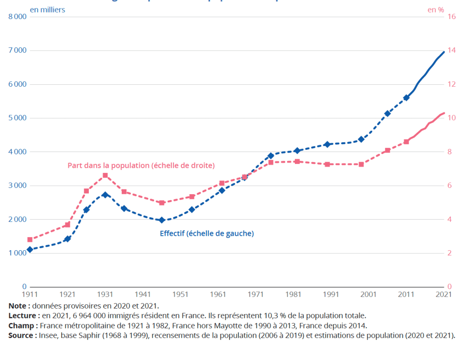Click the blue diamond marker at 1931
(105, 195)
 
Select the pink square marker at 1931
(105, 176)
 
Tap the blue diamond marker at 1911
(30, 249)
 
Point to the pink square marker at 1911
(30, 240)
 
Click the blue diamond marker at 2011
(406, 98)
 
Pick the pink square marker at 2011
(406, 142)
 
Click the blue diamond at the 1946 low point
(162, 220)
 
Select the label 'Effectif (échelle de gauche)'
(206, 234)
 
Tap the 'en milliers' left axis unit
(48, 9)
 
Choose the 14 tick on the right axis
(451, 50)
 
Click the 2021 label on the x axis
(444, 294)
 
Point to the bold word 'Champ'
(20, 325)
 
